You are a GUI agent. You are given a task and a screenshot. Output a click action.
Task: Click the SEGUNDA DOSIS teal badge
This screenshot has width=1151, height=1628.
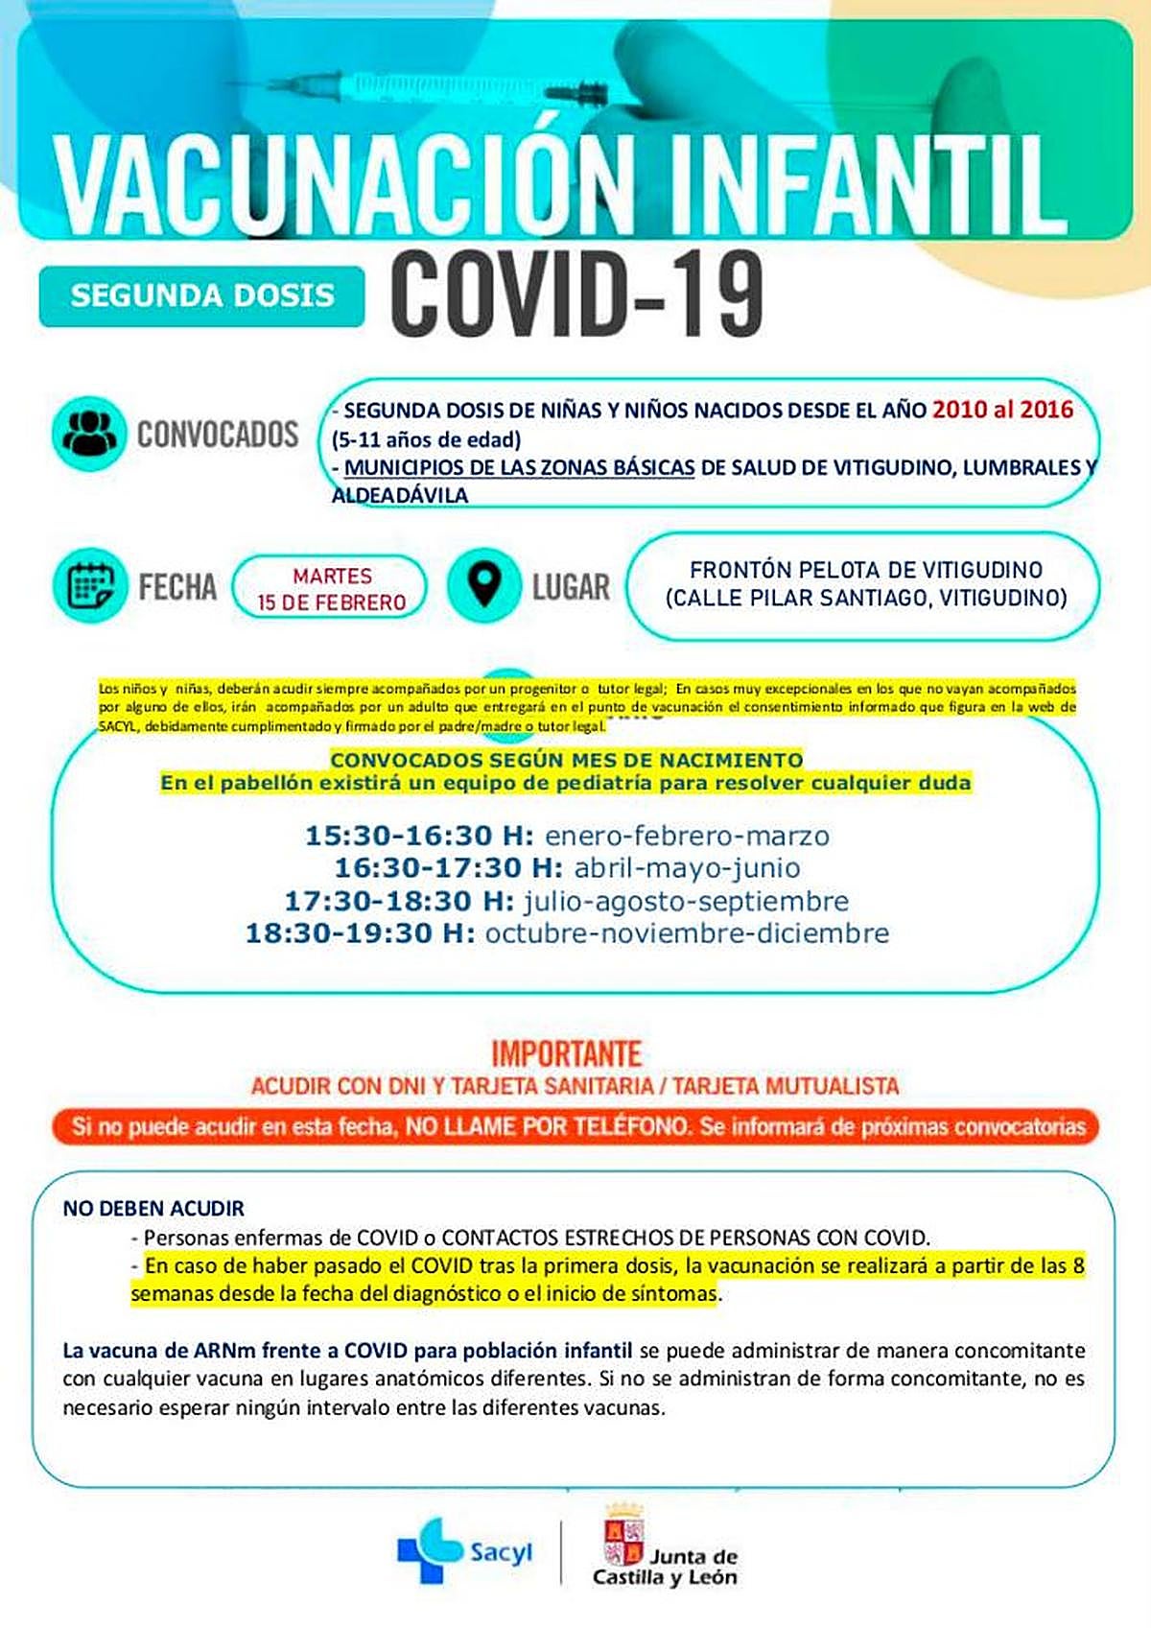[x=201, y=295]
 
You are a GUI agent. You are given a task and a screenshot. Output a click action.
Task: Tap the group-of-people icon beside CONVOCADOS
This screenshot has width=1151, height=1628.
[x=88, y=433]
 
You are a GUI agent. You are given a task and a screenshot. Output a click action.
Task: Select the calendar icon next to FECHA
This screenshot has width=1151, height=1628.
[x=90, y=585]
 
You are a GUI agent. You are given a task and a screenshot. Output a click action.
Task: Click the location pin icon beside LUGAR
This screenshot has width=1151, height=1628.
[x=484, y=585]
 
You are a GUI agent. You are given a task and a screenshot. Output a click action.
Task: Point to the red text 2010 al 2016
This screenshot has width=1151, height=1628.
[x=1002, y=410]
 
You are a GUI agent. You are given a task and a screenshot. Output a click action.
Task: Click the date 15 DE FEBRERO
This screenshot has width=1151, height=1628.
[x=331, y=602]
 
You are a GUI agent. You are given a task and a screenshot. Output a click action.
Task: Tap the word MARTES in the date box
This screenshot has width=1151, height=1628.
[x=332, y=576]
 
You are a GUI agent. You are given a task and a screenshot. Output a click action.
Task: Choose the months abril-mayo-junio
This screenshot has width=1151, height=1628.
[x=687, y=868]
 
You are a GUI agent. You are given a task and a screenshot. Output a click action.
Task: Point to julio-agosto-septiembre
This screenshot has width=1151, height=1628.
[x=686, y=902]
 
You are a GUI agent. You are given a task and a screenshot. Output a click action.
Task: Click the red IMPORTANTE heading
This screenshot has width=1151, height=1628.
[x=566, y=1053]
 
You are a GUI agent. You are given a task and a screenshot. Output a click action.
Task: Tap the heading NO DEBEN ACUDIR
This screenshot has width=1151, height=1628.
[x=153, y=1208]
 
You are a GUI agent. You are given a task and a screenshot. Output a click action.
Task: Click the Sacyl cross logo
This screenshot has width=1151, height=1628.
[x=430, y=1549]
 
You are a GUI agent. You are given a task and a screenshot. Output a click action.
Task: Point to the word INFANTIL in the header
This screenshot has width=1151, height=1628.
[x=862, y=182]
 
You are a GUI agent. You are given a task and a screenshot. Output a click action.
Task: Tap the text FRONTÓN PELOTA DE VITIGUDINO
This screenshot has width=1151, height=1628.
[x=866, y=570]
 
